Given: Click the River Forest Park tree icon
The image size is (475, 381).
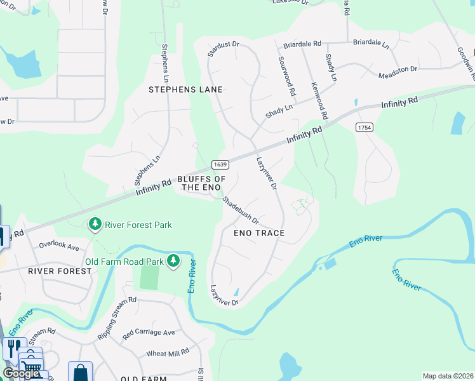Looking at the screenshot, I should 95,224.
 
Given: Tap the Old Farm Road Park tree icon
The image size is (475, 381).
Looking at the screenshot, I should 173,261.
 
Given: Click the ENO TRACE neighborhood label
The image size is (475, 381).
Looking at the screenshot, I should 259,233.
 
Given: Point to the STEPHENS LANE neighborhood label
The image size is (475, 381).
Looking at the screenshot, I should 185,90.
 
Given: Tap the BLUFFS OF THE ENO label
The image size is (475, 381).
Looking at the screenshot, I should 201,183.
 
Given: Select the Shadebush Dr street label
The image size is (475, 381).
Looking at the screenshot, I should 241,210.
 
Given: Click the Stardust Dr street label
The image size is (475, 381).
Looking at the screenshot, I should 223,49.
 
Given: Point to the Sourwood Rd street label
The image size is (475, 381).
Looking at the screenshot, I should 287,76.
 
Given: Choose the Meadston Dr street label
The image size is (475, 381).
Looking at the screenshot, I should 398,72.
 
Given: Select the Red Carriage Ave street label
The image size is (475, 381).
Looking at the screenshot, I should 149,332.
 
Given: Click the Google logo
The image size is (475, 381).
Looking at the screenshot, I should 21,373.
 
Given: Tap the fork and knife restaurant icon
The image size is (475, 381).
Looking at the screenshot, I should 12,347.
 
